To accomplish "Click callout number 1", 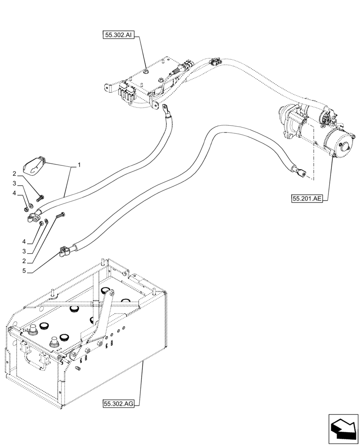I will (79, 165).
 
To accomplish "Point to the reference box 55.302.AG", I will (118, 404).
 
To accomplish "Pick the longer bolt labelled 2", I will (60, 215).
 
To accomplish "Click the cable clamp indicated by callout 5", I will (63, 252).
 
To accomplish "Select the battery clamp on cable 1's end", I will (33, 218).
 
